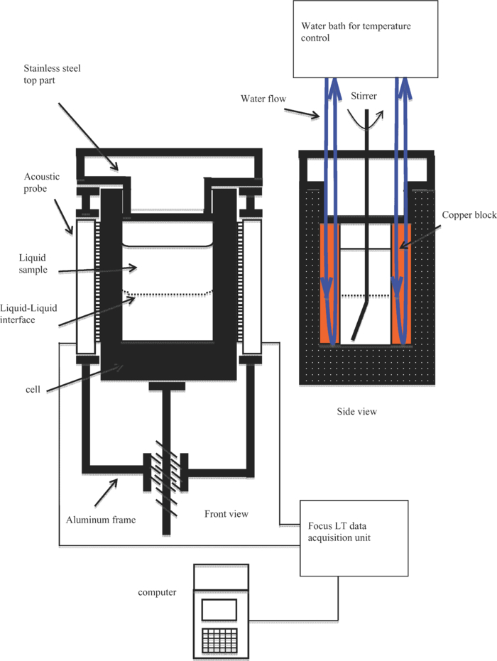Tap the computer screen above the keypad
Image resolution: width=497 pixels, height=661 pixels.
(219, 609)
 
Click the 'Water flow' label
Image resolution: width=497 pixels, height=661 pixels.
(263, 99)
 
